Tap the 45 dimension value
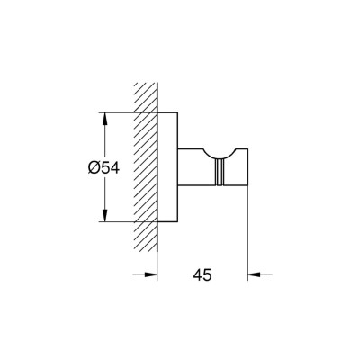click(202, 276)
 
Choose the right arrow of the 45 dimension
click(255, 276)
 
